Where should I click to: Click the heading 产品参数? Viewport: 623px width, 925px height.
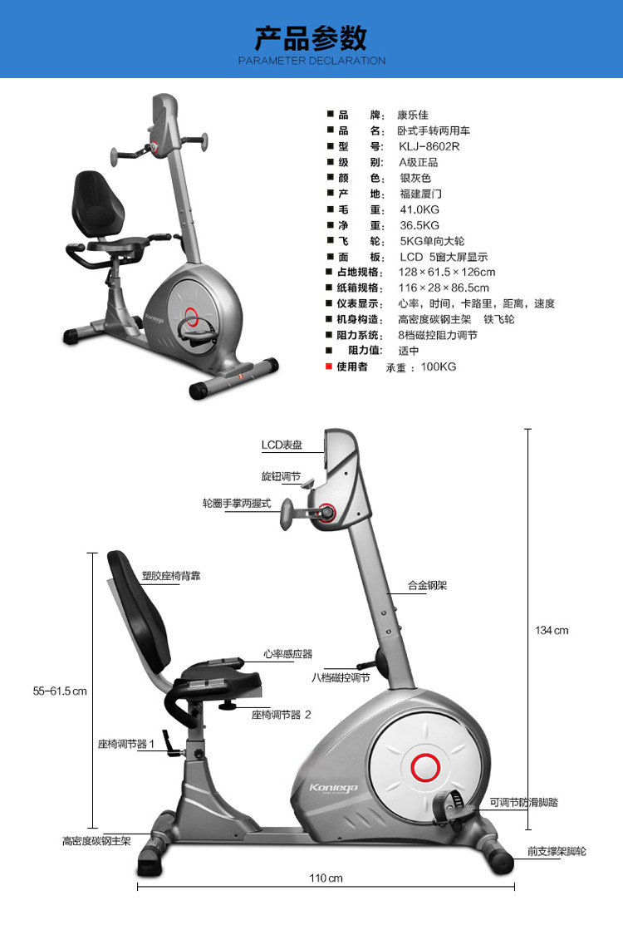point(311,38)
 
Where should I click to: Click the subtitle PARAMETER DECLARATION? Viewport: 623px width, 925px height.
point(311,61)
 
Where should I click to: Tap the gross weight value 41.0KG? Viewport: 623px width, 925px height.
point(419,209)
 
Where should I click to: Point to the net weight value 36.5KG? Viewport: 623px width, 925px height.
point(419,225)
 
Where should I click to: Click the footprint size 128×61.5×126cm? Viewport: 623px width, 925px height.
point(447,273)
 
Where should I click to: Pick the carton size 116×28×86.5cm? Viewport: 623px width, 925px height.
point(444,288)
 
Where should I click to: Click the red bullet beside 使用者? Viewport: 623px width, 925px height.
point(330,367)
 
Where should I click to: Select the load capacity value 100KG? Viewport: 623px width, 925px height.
point(439,367)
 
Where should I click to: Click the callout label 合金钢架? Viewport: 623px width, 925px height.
point(428,585)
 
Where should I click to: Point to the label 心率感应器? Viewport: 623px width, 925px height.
point(287,654)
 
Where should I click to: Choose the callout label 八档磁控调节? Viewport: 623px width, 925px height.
point(341,677)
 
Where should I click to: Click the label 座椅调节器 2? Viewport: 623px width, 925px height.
point(282,714)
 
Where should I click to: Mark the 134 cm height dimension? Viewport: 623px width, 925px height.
point(552,631)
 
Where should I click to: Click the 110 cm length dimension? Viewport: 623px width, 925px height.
point(326,878)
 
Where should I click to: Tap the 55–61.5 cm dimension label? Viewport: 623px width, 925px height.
point(59,691)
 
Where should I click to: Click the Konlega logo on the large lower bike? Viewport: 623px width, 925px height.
point(332,787)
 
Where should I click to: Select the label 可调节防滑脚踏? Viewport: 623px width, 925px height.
point(523,803)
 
